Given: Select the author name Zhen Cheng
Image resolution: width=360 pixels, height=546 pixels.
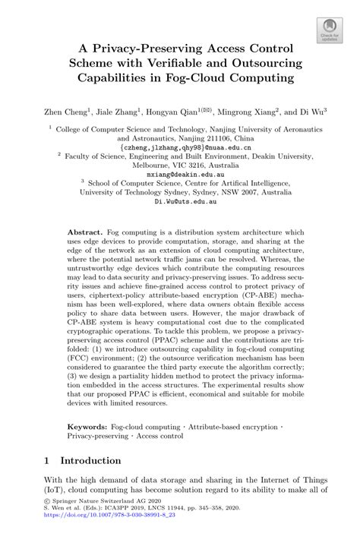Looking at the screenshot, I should pyautogui.click(x=63, y=110).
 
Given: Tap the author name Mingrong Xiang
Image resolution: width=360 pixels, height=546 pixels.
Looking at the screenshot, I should pyautogui.click(x=240, y=110).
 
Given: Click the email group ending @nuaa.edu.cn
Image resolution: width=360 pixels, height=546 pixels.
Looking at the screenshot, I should pyautogui.click(x=179, y=148).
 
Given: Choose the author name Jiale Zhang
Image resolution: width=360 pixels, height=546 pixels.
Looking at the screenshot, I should pyautogui.click(x=116, y=110).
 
